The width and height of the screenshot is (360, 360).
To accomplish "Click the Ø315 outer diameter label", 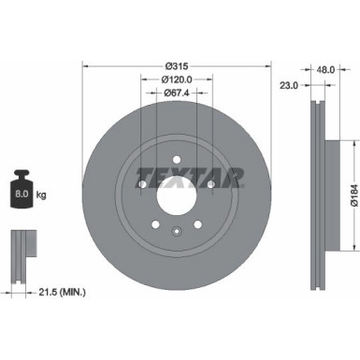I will click(x=177, y=66).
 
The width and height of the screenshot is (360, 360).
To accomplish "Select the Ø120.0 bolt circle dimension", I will click(x=177, y=79).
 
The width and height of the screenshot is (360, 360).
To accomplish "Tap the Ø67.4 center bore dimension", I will click(x=177, y=93).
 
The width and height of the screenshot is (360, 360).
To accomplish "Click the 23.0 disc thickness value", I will click(x=288, y=84).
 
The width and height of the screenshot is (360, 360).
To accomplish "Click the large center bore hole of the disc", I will click(x=177, y=196).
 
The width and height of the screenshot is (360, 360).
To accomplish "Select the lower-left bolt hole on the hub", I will click(x=155, y=225).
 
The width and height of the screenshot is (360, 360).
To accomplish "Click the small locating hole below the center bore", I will click(x=177, y=232).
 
